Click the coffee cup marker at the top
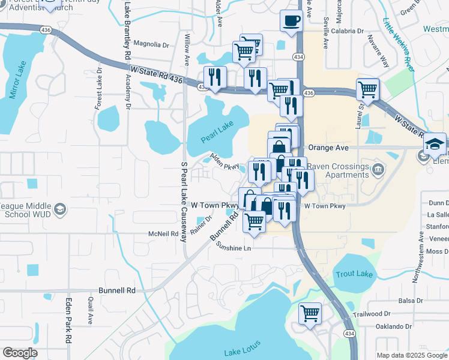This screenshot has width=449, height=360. (x=291, y=21)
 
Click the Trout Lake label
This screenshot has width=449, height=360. (x=354, y=274)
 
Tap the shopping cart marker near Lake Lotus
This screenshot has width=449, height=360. (x=310, y=313)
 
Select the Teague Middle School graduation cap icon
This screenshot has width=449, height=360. (x=59, y=209)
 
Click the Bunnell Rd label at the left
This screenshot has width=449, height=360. (x=117, y=290)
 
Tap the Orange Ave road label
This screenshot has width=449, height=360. (x=328, y=146)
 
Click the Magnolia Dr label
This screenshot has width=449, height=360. (x=151, y=44)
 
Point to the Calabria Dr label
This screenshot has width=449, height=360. (x=348, y=31)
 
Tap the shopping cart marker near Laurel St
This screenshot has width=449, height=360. (x=367, y=89)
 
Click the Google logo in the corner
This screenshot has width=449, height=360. (x=20, y=353)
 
